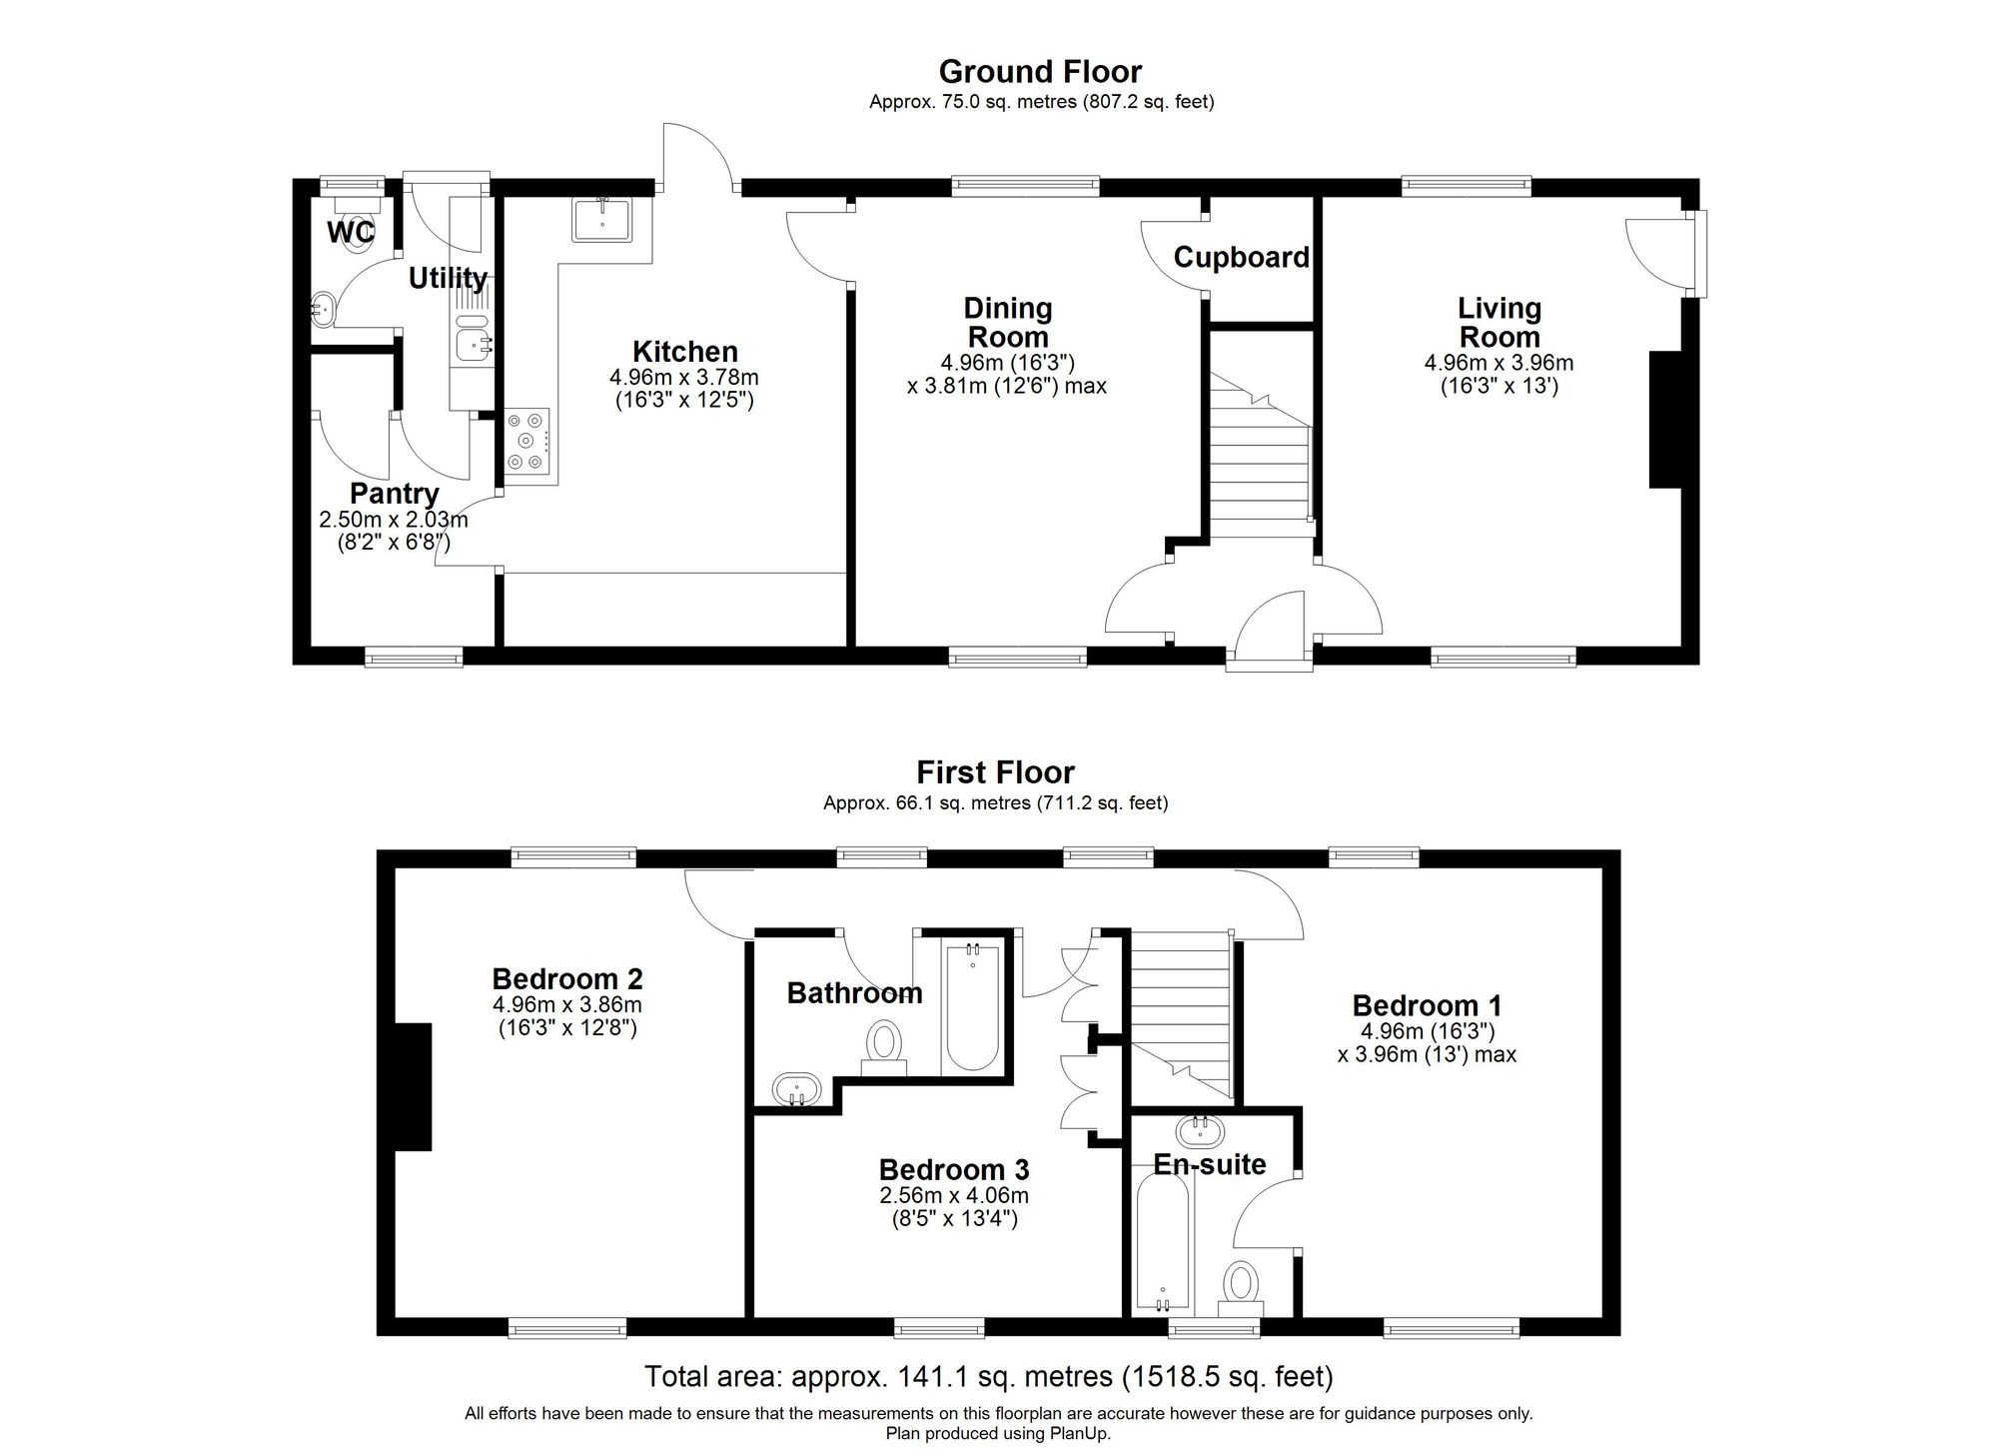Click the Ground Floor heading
coord(1040,72)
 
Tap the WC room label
coord(351,233)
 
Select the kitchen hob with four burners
coord(527,441)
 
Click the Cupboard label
coord(1241,258)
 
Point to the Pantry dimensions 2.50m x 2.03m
coord(394,520)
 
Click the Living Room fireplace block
coord(1664,420)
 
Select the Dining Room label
coord(1007,322)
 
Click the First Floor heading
coord(995,772)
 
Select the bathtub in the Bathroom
coord(971,1006)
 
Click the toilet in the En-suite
coord(1241,1287)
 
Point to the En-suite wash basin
coord(1196,1132)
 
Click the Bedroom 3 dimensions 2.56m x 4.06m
coord(953,1195)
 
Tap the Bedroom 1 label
coord(1427,1005)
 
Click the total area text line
coord(988,1377)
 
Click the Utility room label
coord(448,278)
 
